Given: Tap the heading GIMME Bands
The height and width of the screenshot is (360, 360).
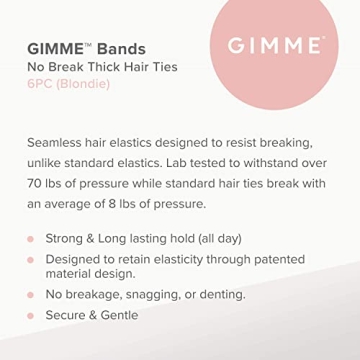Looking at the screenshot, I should pyautogui.click(x=86, y=49).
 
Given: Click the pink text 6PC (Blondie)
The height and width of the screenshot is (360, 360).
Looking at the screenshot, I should pyautogui.click(x=68, y=84).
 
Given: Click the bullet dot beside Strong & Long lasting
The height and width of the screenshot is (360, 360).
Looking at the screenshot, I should pyautogui.click(x=30, y=240).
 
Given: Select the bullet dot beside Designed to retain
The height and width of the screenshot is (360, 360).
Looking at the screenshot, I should pyautogui.click(x=30, y=259).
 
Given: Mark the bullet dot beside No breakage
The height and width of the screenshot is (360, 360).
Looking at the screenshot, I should pyautogui.click(x=30, y=296).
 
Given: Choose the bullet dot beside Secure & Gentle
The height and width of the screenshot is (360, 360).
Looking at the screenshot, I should pyautogui.click(x=30, y=315).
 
